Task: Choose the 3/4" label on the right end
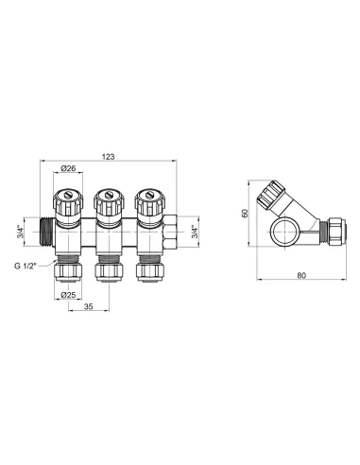point(196,231)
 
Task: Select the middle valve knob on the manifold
point(106,201)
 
